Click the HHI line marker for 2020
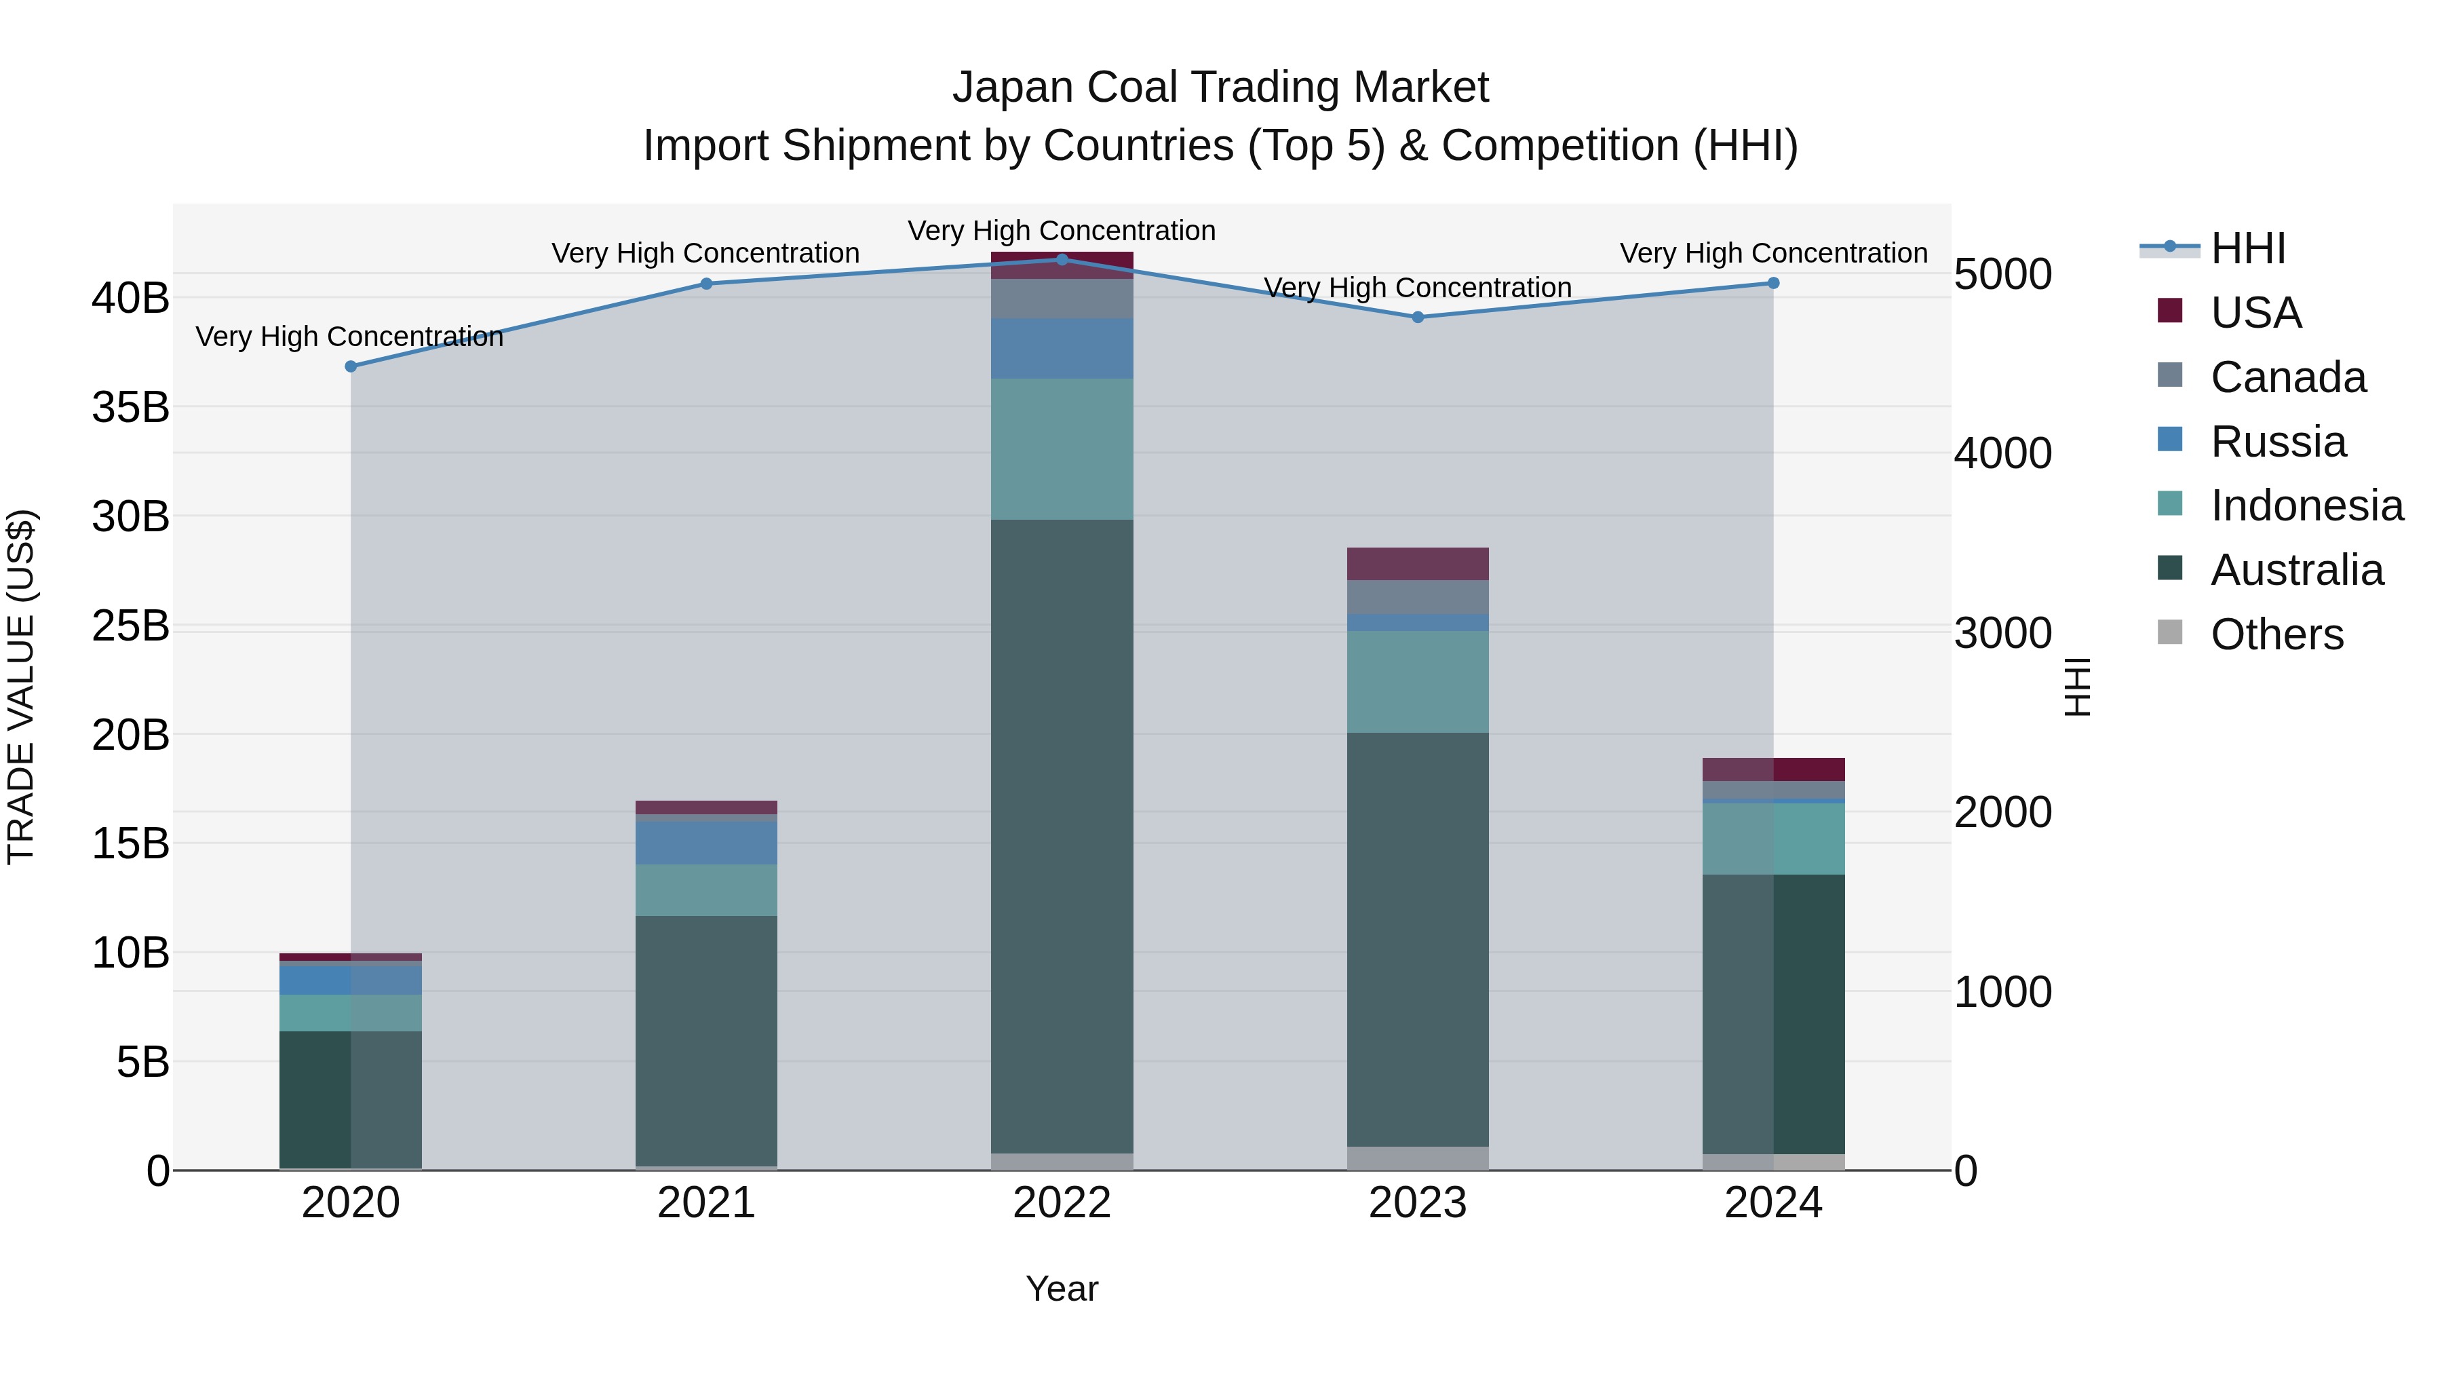[351, 366]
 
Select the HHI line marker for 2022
[1062, 259]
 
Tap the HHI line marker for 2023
[1417, 317]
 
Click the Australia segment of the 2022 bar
[1062, 835]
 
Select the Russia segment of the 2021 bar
[706, 842]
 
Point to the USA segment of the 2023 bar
[1417, 563]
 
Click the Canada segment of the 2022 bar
[1062, 298]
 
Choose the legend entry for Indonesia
[2306, 505]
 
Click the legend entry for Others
[2275, 634]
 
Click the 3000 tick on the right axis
[2002, 634]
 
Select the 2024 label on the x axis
[1772, 1203]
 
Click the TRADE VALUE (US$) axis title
[21, 687]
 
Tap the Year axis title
[1062, 1289]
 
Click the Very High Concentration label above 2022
[1062, 231]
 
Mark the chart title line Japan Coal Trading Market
[1220, 88]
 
